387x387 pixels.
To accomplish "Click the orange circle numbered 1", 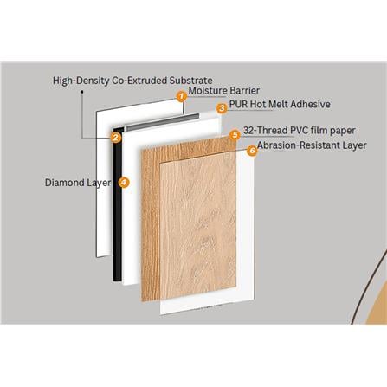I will pyautogui.click(x=182, y=97).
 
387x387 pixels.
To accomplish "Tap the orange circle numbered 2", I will pyautogui.click(x=114, y=138).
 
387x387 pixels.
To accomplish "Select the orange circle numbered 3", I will pyautogui.click(x=222, y=108).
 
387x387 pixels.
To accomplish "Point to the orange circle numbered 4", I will pyautogui.click(x=124, y=183).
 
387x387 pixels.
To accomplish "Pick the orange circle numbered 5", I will pyautogui.click(x=235, y=135).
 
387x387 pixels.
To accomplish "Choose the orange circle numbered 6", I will pyautogui.click(x=251, y=150).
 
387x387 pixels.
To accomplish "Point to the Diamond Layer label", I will pyautogui.click(x=79, y=183).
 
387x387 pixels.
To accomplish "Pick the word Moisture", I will pyautogui.click(x=208, y=91).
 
